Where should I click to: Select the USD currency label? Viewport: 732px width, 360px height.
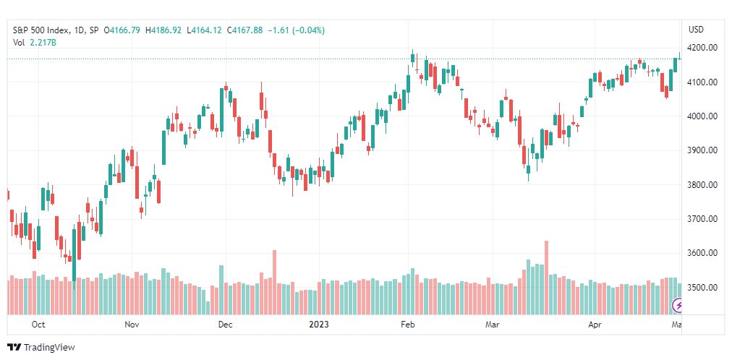click(x=696, y=30)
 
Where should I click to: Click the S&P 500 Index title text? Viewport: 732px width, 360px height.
click(x=41, y=30)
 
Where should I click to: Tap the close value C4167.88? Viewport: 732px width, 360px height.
click(x=244, y=30)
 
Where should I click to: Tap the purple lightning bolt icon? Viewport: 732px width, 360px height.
click(x=677, y=306)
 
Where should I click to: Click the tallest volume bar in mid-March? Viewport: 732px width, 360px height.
click(x=547, y=278)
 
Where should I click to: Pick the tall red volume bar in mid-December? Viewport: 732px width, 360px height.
click(x=275, y=283)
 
